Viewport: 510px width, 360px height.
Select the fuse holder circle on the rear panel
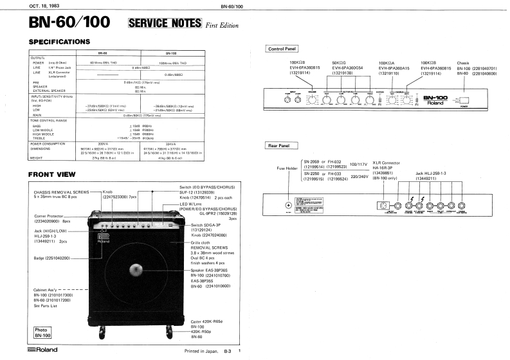[x=288, y=205]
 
